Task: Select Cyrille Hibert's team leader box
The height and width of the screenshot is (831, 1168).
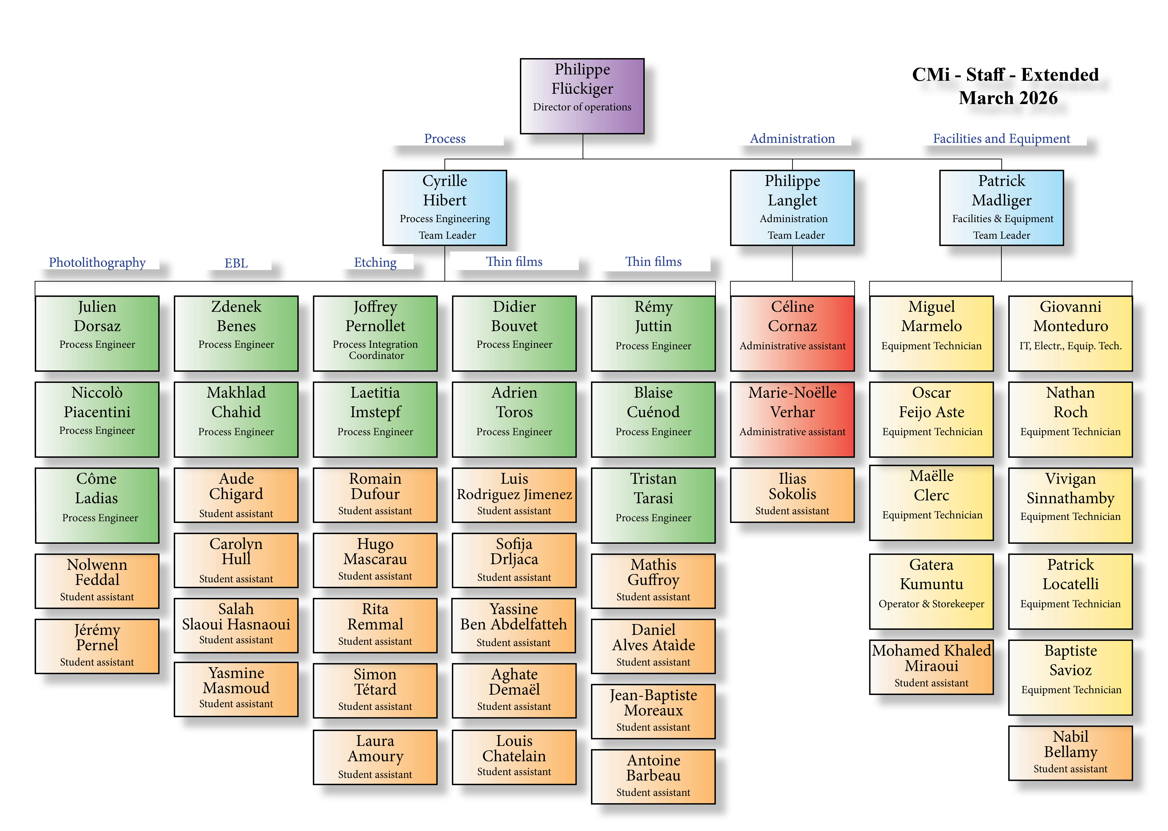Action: (x=445, y=208)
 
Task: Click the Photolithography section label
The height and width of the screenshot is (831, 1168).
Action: (x=97, y=263)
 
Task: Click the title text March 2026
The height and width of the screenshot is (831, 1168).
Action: (x=1008, y=98)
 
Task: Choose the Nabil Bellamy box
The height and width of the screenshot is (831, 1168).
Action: (x=1070, y=753)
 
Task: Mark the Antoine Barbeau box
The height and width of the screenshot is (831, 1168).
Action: (x=653, y=776)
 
